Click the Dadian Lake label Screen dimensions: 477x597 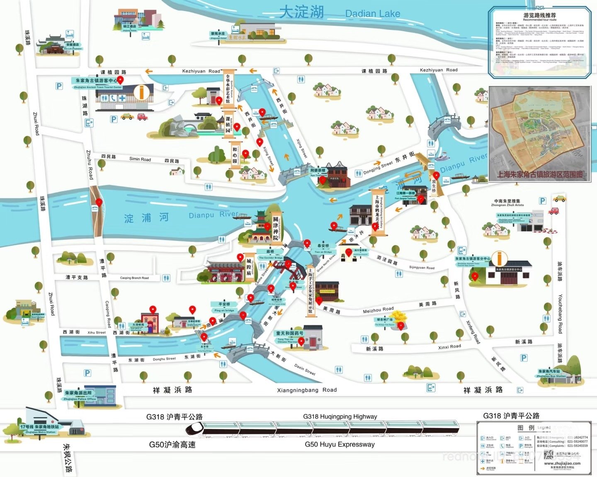click(x=372, y=14)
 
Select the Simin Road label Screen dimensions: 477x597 click(x=140, y=159)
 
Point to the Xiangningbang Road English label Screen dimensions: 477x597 click(x=307, y=390)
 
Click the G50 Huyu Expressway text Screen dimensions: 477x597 click(x=340, y=444)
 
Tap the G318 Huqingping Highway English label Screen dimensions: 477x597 click(x=340, y=417)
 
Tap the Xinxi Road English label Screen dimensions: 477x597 click(x=449, y=347)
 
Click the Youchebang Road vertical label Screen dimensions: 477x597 click(x=560, y=313)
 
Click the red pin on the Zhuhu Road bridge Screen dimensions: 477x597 click(x=99, y=202)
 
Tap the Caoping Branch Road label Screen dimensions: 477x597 click(x=134, y=278)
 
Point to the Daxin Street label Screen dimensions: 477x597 click(x=305, y=369)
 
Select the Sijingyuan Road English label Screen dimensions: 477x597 click(x=422, y=267)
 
